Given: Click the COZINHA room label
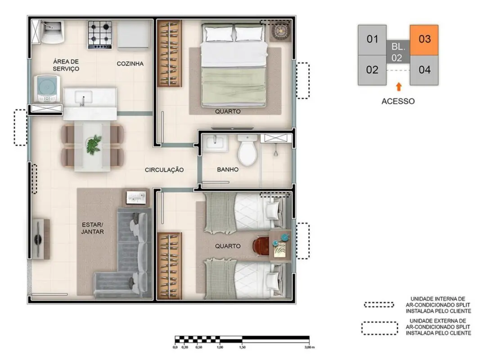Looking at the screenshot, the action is pos(130,63).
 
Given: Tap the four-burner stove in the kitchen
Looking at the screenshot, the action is pos(99,35).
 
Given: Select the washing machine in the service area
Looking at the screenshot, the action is pos(47,89).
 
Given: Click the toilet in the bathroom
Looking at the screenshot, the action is pos(247,150).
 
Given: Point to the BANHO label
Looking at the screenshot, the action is pos(228,169).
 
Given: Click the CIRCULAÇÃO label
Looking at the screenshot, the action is pos(164,170).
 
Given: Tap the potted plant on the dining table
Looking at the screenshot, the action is pos(94,144).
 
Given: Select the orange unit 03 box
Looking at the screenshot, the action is pos(424,40).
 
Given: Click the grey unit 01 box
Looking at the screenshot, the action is pos(372,40).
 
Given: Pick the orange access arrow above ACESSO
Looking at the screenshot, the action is pos(399,86).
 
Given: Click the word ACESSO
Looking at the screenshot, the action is pos(398,101).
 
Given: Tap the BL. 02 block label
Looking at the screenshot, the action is pos(398,52).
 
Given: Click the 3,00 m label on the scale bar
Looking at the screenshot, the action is pos(309,347).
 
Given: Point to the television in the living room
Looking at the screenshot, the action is pos(38,239).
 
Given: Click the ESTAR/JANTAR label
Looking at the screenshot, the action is pos(93,228).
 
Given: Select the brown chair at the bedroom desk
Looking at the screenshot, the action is pos(261,246).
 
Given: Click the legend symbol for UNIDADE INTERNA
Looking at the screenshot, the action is pos(379,305).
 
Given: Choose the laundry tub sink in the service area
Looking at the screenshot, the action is pos(52,31).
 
